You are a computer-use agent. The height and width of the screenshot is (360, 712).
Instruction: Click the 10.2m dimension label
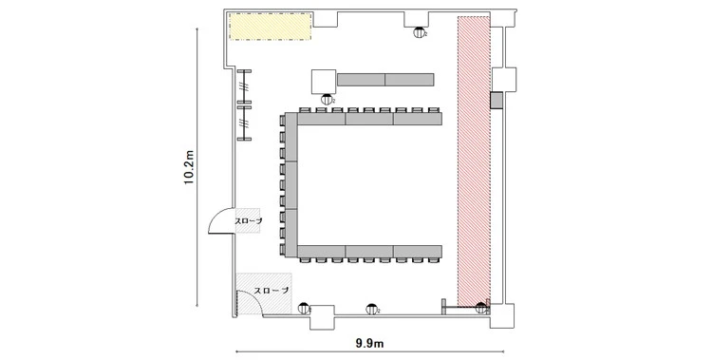(x=189, y=167)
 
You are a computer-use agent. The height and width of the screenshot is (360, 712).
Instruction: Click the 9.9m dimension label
(x=369, y=344)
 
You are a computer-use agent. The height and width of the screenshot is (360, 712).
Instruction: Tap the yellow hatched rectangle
(x=271, y=27)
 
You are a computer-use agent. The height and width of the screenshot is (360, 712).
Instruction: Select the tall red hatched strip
(x=474, y=161)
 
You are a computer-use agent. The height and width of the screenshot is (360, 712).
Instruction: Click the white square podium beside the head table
(x=324, y=82)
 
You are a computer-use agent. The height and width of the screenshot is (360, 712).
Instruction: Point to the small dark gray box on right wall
(x=496, y=100)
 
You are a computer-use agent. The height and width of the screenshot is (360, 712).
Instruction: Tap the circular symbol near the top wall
(x=419, y=32)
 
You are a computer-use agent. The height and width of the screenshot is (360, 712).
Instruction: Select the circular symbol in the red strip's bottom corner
(x=481, y=308)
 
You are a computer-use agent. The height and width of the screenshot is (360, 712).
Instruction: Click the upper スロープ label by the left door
(x=249, y=221)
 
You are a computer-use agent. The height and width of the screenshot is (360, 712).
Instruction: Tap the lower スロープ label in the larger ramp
(x=271, y=291)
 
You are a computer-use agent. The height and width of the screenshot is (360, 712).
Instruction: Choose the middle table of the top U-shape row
(x=369, y=119)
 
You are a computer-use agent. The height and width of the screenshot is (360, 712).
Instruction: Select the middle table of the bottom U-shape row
(x=369, y=251)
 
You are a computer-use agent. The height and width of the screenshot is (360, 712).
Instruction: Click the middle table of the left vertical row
(x=291, y=185)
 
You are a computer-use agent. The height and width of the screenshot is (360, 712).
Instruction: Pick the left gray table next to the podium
(x=361, y=80)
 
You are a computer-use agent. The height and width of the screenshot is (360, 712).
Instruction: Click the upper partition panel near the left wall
(x=244, y=87)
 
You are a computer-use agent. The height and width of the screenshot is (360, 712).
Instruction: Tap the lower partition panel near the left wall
(x=244, y=123)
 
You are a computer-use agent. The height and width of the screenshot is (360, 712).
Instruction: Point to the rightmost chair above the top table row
(x=434, y=110)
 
